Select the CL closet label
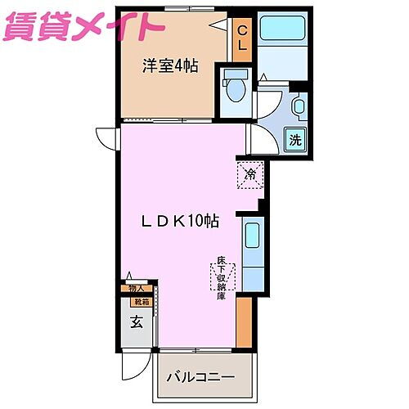pos(242,38)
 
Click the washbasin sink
pos(298,106)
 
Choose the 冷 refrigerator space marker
pos(250,174)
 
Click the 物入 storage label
pos(135,288)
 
